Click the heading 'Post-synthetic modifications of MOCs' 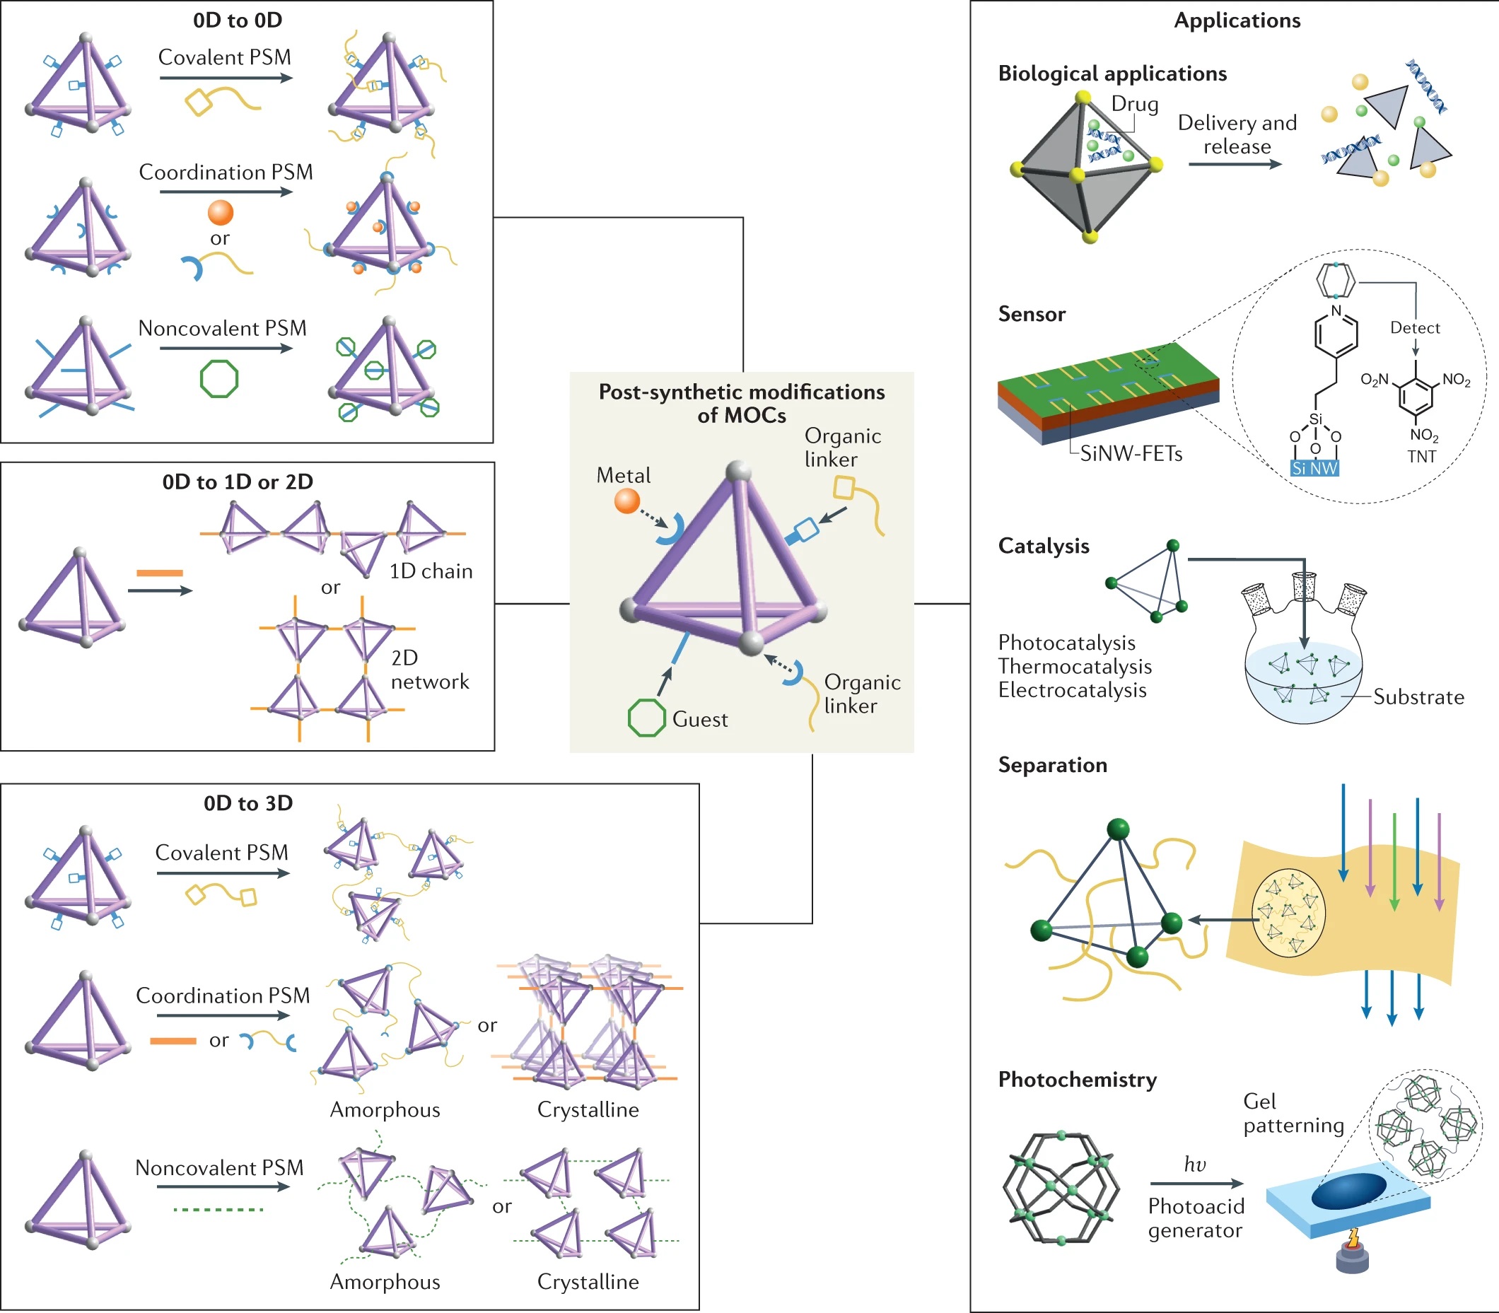click(x=742, y=404)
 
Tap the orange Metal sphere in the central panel click(x=626, y=501)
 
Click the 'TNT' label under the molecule click(x=1421, y=457)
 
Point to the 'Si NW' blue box click(x=1314, y=468)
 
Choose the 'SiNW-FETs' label click(x=1131, y=454)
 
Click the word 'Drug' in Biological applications click(x=1135, y=104)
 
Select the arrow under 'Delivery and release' click(x=1235, y=164)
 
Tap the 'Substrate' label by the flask click(x=1418, y=696)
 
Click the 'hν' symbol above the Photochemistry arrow click(x=1195, y=1165)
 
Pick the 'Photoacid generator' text click(x=1196, y=1218)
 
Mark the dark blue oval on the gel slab click(x=1349, y=1191)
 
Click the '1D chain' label click(x=431, y=571)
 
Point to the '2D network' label click(x=429, y=670)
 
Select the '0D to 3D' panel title click(x=248, y=803)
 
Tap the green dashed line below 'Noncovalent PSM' click(x=218, y=1210)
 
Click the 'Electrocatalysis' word click(x=1072, y=690)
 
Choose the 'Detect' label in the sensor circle click(x=1415, y=327)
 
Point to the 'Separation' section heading click(x=1053, y=765)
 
